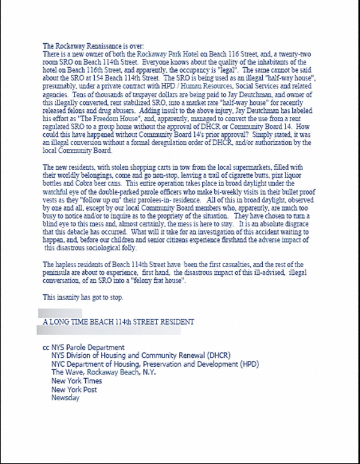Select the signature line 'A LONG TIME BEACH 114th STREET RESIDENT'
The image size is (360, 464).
point(118,322)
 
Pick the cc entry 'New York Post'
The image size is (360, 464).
point(74,390)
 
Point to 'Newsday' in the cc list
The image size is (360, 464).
point(65,398)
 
